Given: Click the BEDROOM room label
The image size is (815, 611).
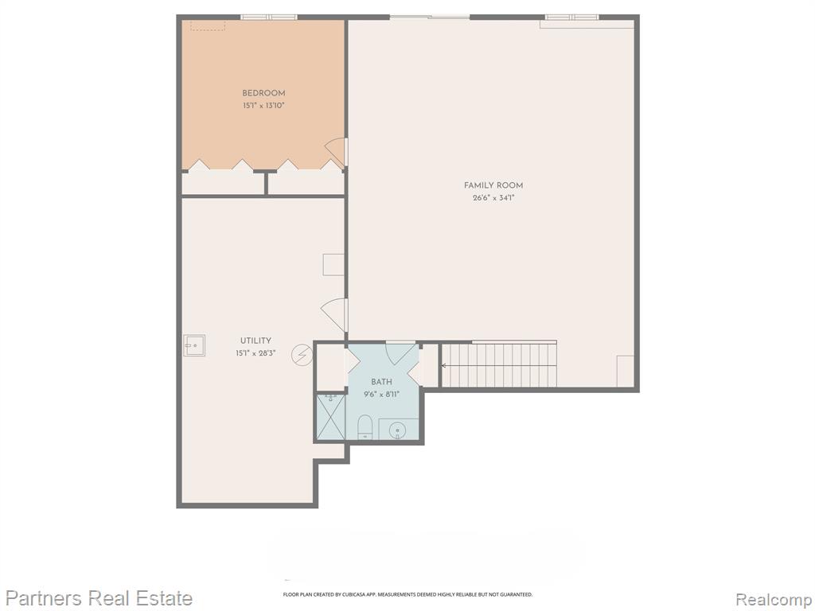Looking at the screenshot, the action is coord(263,94).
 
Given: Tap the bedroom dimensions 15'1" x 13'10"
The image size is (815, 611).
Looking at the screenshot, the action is coord(263,106).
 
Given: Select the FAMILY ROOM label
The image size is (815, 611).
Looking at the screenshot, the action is coord(493,185).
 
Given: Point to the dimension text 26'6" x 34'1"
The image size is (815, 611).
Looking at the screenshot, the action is coord(493,197).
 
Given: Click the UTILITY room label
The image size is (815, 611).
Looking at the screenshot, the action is coord(255,341).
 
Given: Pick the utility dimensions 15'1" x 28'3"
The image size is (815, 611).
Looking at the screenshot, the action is coord(255,353).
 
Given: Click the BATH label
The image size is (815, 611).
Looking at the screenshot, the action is coord(381,382).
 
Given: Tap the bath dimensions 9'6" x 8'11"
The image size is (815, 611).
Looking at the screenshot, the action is coord(381,395).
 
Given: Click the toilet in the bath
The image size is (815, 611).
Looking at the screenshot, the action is coord(365,427).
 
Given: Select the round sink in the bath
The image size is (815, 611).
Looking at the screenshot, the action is coord(398,430).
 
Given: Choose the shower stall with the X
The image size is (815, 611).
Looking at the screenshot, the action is coord(330,418).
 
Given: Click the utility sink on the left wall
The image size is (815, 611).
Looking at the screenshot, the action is coord(194,345).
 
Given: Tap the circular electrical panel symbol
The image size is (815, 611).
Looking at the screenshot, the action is coord(302,356).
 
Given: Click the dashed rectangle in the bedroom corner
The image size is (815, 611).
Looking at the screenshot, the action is coord(208,25).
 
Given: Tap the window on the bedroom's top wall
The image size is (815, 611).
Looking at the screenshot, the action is coord(269,18).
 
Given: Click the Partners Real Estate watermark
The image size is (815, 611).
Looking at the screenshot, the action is coord(99,598).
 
